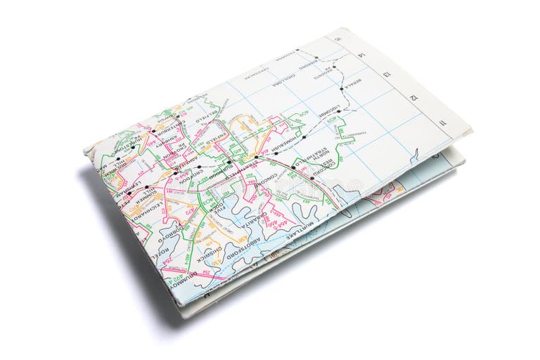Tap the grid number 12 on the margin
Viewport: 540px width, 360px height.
(415, 98)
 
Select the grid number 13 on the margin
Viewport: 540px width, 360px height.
(387, 74)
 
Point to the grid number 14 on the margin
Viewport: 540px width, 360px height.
(363, 53)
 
